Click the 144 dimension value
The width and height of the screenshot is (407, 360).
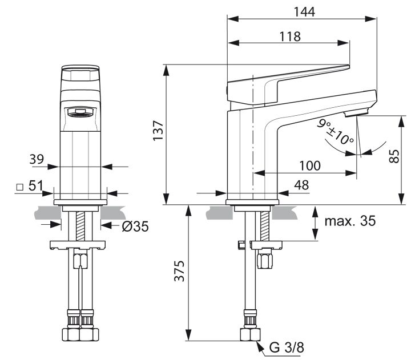(x=304, y=11)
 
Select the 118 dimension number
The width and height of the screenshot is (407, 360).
(x=290, y=37)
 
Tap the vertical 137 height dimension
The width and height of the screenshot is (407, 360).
(x=158, y=131)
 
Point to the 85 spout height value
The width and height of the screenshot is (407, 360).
(x=394, y=156)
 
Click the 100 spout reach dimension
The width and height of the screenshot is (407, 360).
(x=310, y=165)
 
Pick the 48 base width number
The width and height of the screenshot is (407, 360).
(x=301, y=185)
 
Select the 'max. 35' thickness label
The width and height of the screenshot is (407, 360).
(x=350, y=221)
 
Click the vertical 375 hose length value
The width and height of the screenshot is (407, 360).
(x=179, y=271)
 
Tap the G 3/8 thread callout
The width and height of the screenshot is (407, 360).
(x=287, y=347)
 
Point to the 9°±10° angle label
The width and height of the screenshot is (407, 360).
(x=335, y=132)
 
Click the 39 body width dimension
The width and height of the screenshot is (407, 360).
(x=37, y=159)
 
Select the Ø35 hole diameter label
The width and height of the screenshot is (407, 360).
(x=135, y=226)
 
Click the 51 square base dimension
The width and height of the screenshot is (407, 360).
(x=35, y=185)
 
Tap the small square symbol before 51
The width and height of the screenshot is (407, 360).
(x=19, y=187)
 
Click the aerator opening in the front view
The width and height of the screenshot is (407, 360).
(x=80, y=113)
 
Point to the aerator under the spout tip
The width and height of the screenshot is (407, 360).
(x=356, y=113)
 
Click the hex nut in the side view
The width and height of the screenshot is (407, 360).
(x=264, y=261)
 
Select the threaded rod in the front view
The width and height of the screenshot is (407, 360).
(x=80, y=226)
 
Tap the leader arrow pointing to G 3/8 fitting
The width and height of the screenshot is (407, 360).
(x=261, y=349)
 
